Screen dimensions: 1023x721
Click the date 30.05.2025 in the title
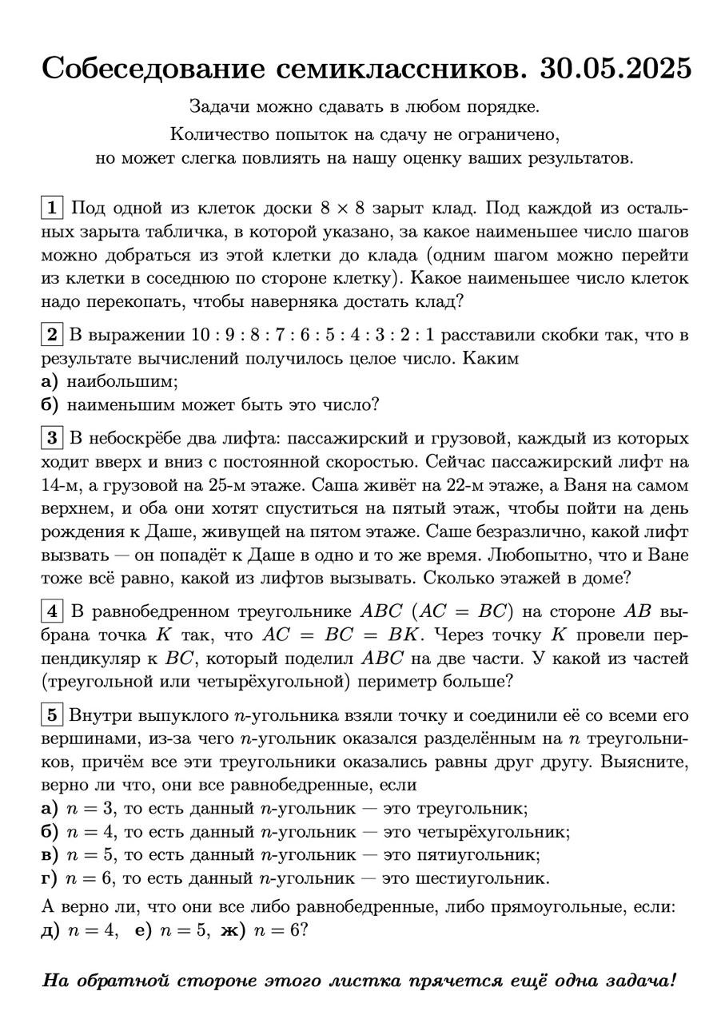pos(615,70)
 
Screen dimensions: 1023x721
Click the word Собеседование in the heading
pos(149,70)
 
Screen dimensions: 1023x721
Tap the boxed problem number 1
pos(52,209)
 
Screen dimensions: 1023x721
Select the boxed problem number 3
pos(52,438)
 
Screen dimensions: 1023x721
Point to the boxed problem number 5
pos(52,715)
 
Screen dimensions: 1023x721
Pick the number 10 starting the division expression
pos(203,335)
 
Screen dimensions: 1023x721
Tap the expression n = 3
pos(89,808)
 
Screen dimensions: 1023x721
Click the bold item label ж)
pos(231,931)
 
